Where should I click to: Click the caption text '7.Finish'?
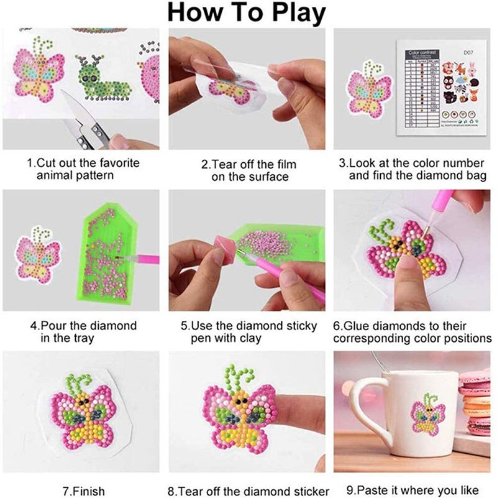[84, 491]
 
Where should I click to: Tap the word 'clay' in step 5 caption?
[248, 338]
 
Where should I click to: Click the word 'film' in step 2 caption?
[285, 164]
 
